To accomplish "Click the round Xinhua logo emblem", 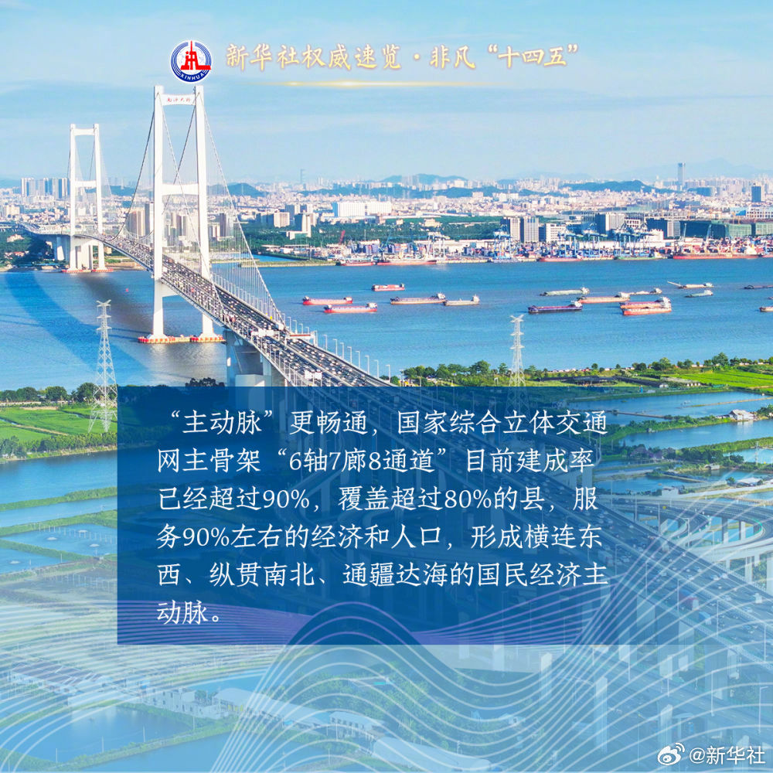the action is [191, 61].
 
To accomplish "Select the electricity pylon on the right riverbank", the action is [517, 350].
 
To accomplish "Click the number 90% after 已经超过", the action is [285, 499].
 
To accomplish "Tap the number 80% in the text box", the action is [468, 499].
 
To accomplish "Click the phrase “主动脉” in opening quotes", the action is [221, 423].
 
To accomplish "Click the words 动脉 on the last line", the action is [182, 613].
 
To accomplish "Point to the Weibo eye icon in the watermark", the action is [672, 754].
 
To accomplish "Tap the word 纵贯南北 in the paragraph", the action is [261, 575].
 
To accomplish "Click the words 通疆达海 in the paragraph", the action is [395, 575].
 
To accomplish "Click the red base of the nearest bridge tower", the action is [181, 339].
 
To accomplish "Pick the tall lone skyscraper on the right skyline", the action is [681, 174].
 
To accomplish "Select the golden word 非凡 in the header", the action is [452, 57].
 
